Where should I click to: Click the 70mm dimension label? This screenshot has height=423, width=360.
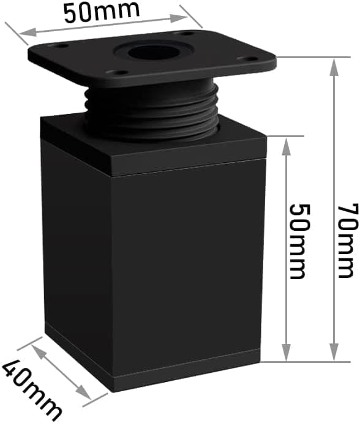(x=348, y=241)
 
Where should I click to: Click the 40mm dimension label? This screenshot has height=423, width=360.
(x=32, y=390)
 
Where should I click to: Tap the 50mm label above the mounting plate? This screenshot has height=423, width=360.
(x=102, y=11)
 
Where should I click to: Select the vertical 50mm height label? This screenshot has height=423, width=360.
(x=299, y=241)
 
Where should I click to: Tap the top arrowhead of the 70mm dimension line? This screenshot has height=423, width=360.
(x=334, y=67)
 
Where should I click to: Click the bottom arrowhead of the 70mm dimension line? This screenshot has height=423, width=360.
(x=334, y=352)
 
